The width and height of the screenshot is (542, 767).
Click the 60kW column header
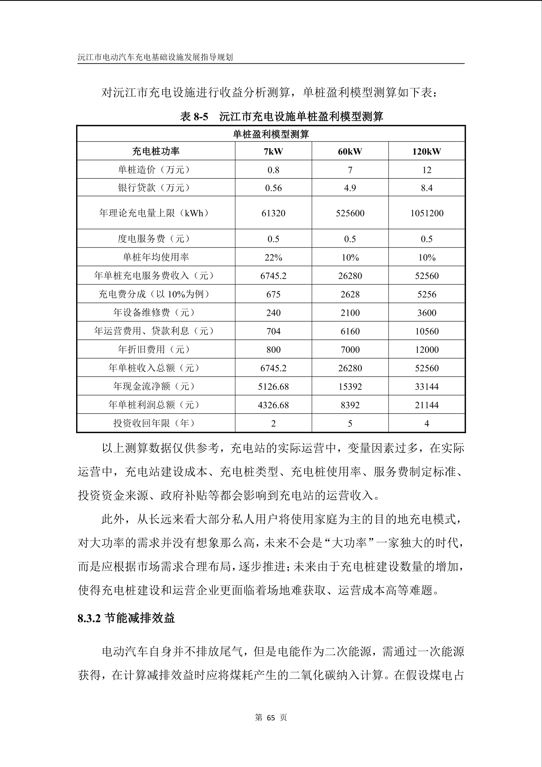[350, 151]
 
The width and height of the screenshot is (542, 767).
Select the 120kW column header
[427, 151]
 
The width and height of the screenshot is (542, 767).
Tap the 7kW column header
[273, 151]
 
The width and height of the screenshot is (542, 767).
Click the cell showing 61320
[273, 213]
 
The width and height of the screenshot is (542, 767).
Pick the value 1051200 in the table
[427, 213]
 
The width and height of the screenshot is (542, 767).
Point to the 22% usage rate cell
[273, 257]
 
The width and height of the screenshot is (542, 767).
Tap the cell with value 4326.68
[273, 405]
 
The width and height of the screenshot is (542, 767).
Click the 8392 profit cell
[350, 405]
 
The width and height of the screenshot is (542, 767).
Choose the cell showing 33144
[427, 386]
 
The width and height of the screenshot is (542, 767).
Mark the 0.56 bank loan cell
[273, 188]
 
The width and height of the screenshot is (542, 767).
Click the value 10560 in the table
[427, 331]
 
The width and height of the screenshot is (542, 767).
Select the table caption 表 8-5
[194, 117]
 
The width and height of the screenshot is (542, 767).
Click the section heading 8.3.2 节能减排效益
[126, 618]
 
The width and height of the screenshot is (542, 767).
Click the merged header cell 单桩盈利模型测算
[271, 134]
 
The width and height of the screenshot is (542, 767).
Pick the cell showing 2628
[350, 294]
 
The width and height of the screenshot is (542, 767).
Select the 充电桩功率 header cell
[156, 151]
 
